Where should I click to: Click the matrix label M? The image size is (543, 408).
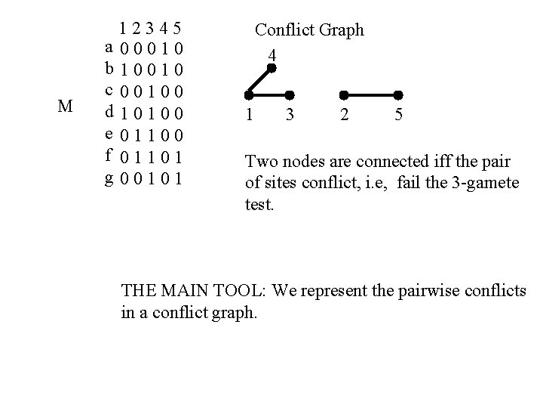[65, 107]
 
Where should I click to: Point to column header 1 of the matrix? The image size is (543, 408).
[123, 29]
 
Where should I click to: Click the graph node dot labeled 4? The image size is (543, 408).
[272, 68]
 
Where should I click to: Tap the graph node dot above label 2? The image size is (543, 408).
[344, 95]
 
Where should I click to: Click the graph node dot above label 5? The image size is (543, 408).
[399, 95]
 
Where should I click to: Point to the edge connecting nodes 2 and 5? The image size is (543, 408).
[371, 95]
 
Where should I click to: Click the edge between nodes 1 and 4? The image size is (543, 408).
[260, 82]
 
